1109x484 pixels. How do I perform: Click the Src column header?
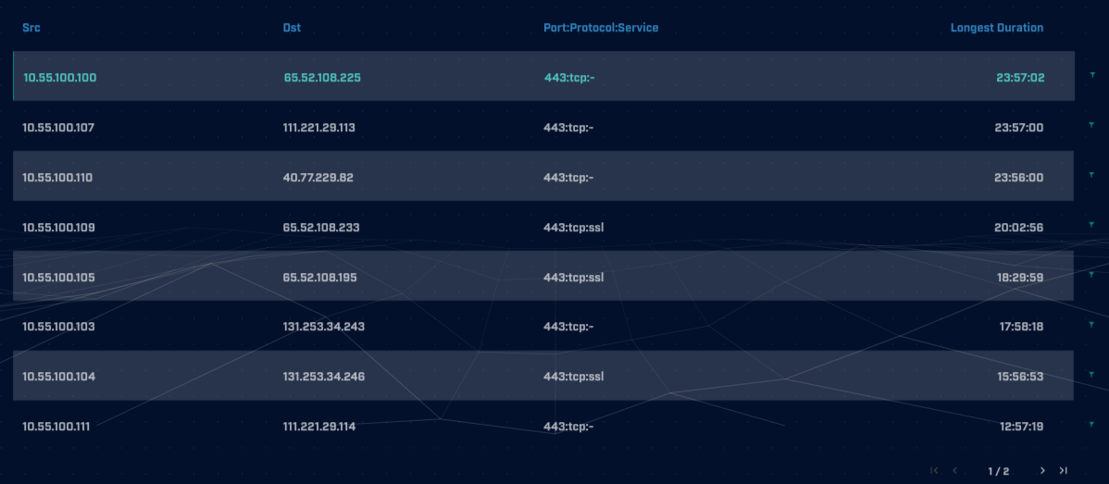coord(31,28)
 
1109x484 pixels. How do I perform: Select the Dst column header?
coord(292,28)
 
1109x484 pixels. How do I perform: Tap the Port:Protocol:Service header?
coord(601,28)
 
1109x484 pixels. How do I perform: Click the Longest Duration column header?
coord(996,28)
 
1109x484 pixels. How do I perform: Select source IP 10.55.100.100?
coord(59,78)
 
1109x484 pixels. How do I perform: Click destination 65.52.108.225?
coord(321,78)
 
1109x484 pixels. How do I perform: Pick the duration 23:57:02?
coord(1020,78)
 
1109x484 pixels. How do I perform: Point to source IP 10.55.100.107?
coord(58,128)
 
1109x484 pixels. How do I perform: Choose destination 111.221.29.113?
coord(318,128)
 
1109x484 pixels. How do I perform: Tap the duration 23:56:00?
coord(1019,178)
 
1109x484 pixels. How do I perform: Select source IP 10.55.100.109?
coord(58,228)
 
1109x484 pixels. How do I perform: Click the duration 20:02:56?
coord(1019,228)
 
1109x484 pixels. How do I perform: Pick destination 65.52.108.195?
coord(319,278)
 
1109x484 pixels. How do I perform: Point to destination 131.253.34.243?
coord(323,327)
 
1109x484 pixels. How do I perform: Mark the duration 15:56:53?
coord(1019,377)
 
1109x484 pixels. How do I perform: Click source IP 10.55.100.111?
coord(56,427)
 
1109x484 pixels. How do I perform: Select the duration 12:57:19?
coord(1021,427)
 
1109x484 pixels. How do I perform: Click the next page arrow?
coord(1042,470)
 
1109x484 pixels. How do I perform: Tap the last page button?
coord(1064,470)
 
